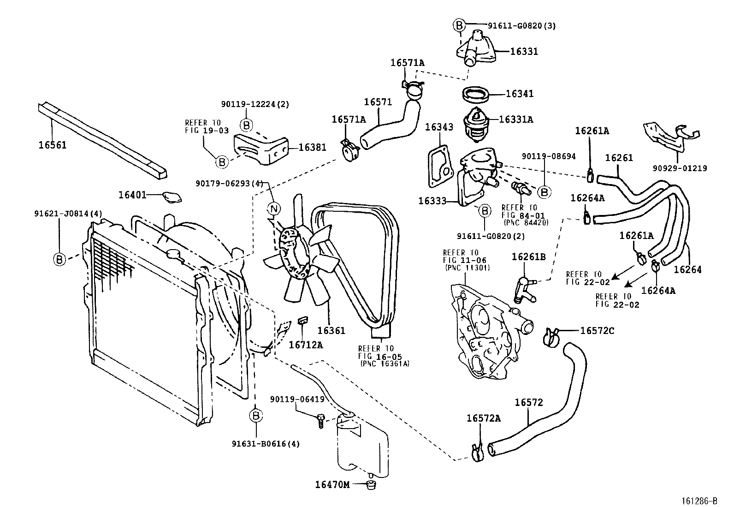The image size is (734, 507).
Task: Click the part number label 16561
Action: [x=52, y=145]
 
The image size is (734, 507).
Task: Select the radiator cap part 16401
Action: [x=172, y=197]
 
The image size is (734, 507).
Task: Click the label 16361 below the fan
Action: [x=331, y=331]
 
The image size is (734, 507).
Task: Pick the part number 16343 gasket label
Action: [x=439, y=127]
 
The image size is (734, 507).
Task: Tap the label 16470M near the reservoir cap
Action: [x=332, y=484]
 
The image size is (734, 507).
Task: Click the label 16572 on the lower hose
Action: [x=529, y=402]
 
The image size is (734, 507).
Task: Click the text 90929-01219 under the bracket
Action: [x=680, y=168]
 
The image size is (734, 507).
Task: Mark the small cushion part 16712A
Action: [x=303, y=321]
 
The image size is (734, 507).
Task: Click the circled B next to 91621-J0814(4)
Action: [x=59, y=260]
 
